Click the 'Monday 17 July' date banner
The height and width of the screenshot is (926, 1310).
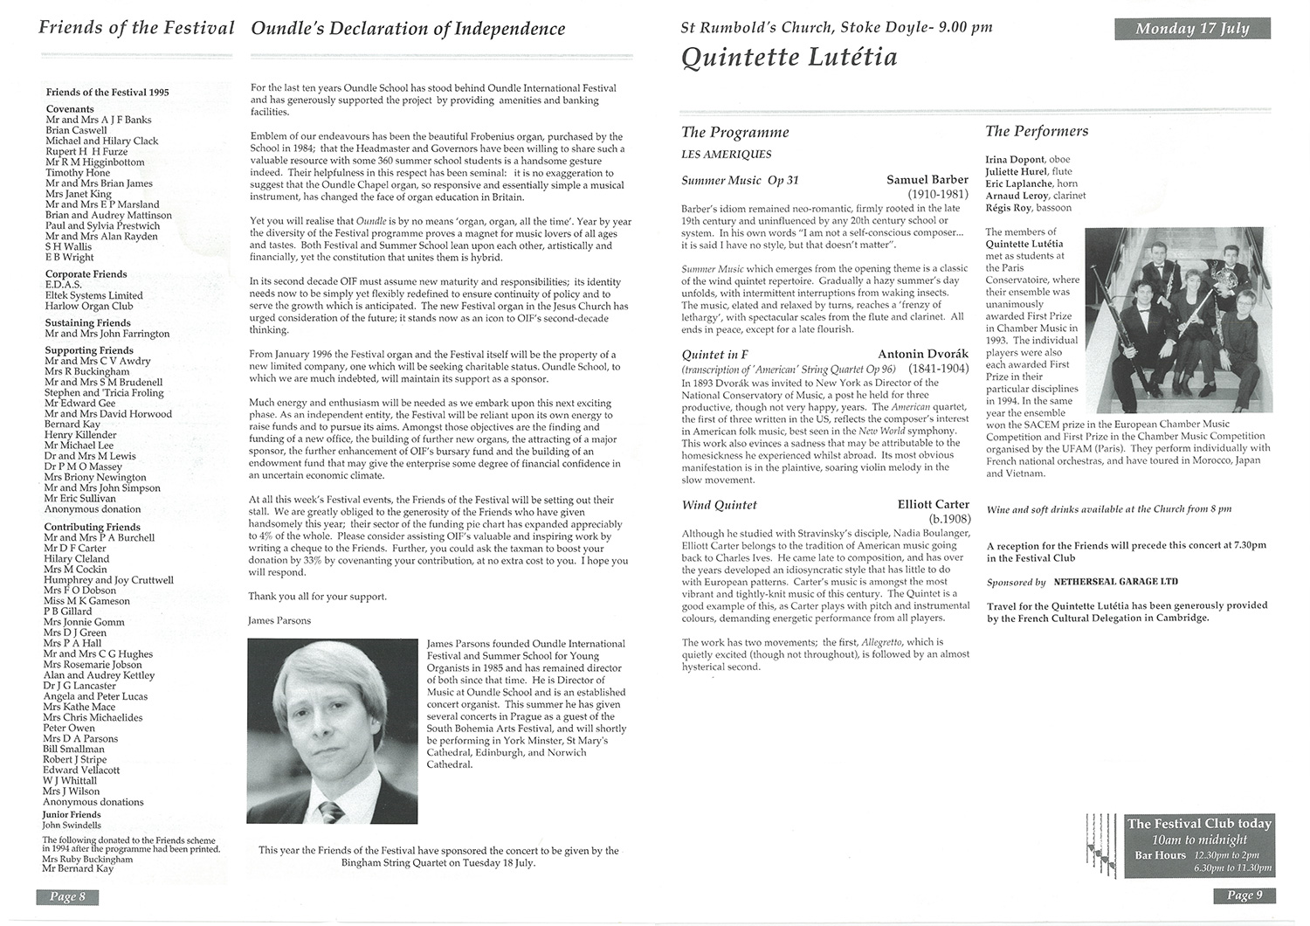1192,29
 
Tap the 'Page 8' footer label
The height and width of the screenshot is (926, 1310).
67,897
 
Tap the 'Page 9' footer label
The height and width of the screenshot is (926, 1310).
1244,895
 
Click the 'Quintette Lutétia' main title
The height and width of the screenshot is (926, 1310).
789,59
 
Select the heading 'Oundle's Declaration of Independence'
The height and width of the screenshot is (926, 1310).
408,29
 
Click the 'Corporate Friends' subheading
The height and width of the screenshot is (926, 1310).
86,274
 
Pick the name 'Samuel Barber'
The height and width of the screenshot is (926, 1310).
927,180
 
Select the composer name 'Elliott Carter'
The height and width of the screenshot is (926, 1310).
934,505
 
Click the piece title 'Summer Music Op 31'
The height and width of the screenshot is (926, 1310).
740,181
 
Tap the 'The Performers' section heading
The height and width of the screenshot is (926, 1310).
1037,132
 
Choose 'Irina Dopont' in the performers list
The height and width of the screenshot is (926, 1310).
1015,160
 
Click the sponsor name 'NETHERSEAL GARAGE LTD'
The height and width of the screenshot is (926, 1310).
1115,582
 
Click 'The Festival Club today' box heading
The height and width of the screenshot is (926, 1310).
1199,824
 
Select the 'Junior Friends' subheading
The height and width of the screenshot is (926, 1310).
72,815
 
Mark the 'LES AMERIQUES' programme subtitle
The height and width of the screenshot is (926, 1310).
726,155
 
